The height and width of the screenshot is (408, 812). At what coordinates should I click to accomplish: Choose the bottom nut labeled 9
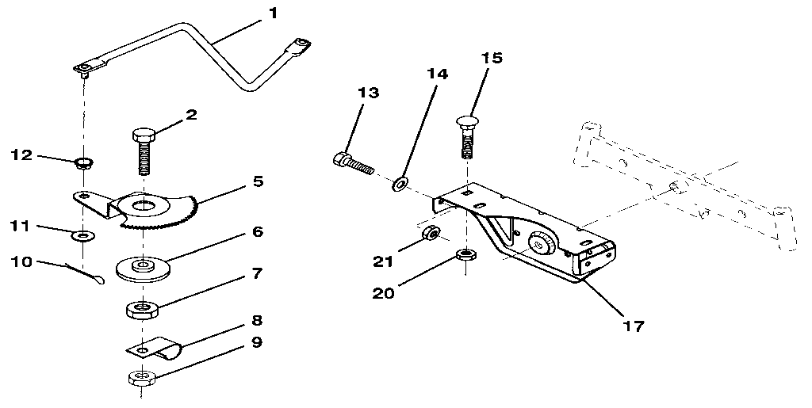[x=140, y=378]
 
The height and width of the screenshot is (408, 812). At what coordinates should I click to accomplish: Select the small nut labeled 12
[x=80, y=165]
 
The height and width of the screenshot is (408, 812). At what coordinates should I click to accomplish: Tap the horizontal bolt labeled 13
[x=352, y=165]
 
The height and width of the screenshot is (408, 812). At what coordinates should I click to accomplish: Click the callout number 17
[x=633, y=325]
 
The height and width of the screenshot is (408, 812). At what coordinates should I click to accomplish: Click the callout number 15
[x=492, y=58]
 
